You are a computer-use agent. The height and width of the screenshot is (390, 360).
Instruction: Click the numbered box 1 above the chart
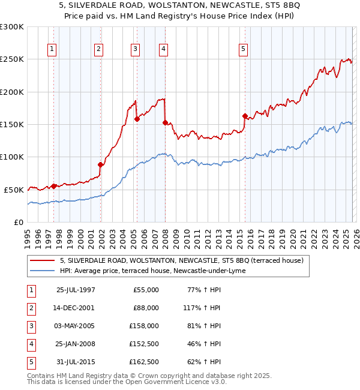53,49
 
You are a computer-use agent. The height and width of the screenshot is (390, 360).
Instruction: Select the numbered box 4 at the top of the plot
163,49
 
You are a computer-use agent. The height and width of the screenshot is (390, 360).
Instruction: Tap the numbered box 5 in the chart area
243,49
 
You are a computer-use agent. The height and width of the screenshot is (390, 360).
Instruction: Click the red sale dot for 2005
137,119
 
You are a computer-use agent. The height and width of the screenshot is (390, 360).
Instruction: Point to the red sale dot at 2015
245,116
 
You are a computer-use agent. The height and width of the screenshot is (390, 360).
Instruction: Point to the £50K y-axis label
14,190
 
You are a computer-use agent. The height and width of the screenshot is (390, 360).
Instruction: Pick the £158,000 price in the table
144,326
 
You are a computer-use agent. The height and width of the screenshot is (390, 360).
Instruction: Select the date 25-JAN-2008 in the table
75,344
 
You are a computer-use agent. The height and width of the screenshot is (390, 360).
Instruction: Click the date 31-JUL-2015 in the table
75,362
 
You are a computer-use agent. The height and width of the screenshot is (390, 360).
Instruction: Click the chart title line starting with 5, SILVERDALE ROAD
179,6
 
